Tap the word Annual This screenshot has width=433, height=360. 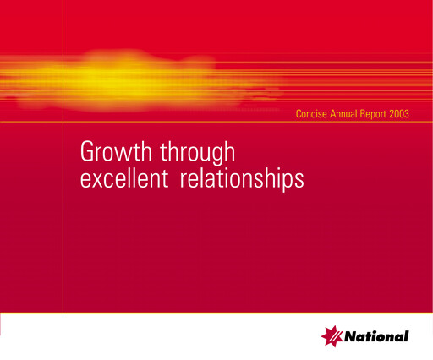(348, 112)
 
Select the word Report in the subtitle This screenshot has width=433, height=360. (381, 112)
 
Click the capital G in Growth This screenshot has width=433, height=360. (87, 152)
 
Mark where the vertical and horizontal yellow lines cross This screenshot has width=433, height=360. (63, 122)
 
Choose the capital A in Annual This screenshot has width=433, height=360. (334, 112)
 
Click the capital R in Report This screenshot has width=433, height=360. (369, 112)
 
